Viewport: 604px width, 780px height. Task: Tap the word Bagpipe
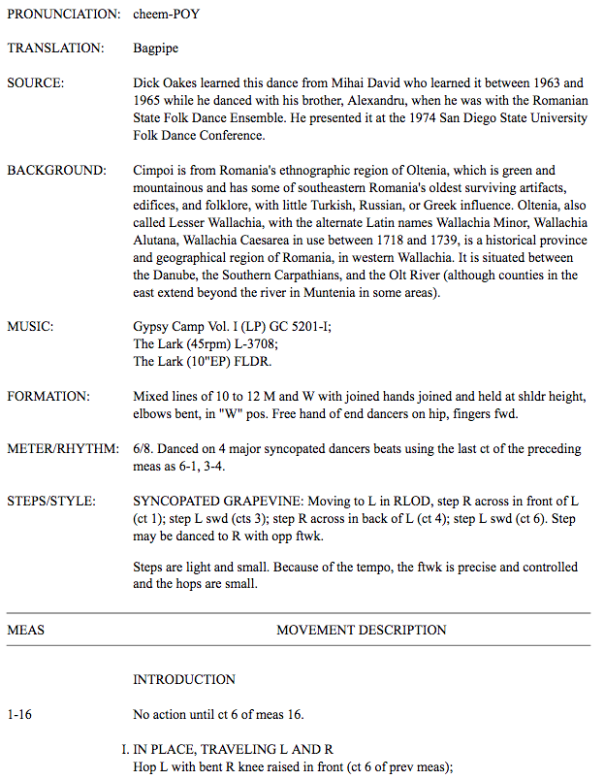(x=155, y=48)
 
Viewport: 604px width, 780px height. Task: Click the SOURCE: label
(x=36, y=83)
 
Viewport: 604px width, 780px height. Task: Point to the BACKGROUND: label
(x=56, y=171)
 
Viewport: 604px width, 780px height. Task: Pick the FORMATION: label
(x=48, y=397)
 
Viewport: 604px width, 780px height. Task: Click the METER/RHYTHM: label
(x=61, y=449)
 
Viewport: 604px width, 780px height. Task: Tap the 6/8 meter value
(x=143, y=449)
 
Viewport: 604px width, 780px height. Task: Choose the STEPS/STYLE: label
(x=51, y=502)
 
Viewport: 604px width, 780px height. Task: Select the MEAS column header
(x=25, y=630)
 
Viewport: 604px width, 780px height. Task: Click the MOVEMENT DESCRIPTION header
(x=361, y=630)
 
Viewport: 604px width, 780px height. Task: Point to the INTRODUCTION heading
(x=184, y=679)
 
